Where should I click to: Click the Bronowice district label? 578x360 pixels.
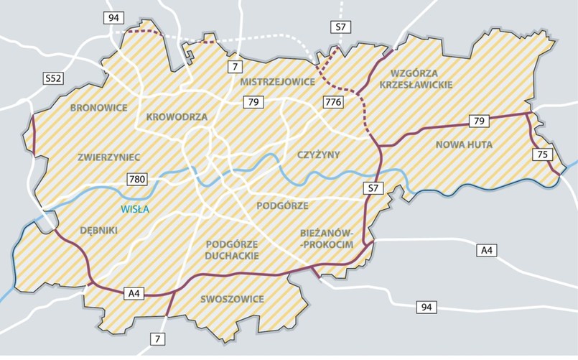tap(99, 108)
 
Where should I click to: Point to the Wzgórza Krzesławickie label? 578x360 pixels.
tap(421, 78)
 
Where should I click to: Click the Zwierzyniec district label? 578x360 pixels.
tap(110, 156)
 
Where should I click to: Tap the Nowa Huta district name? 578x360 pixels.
tap(464, 144)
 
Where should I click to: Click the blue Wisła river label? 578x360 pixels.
tap(134, 209)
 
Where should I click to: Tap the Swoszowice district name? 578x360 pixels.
tap(232, 299)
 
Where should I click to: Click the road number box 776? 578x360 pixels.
tap(333, 101)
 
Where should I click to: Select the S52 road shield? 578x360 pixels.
tap(53, 78)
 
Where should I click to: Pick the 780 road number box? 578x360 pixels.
tap(139, 179)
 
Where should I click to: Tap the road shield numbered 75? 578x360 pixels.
tap(543, 154)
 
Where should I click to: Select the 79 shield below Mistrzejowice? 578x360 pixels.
tap(254, 103)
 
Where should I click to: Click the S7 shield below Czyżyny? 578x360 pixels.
tap(370, 189)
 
